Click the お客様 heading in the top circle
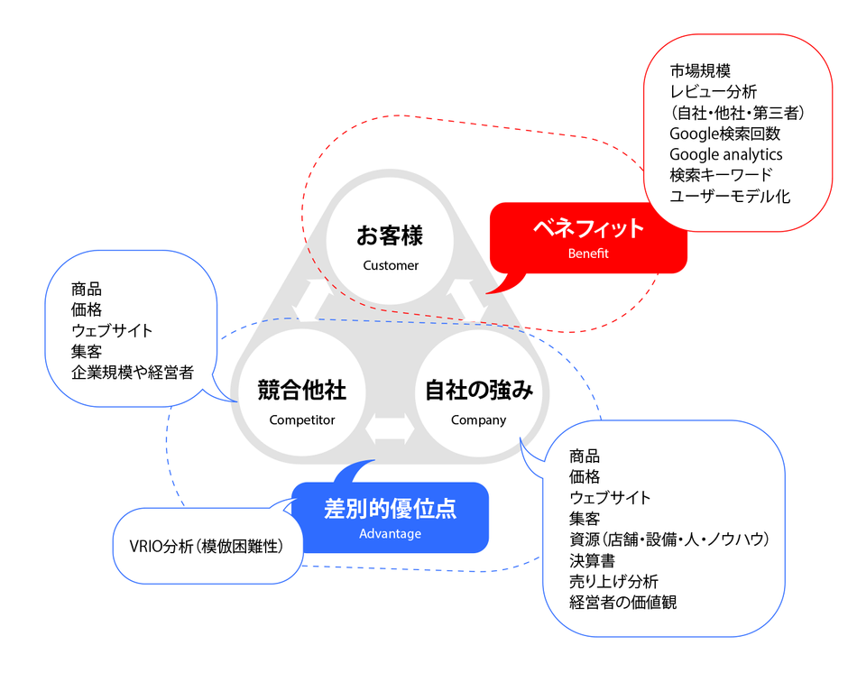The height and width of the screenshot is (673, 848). point(390,236)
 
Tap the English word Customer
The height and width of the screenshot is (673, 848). point(391,265)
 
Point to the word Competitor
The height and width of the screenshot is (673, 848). point(301,419)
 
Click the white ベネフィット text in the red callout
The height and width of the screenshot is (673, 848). point(588,228)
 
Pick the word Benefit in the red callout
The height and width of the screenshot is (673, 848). point(588,254)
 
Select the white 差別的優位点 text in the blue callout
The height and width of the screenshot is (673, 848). point(390,508)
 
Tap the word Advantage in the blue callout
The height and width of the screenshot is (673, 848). point(390,533)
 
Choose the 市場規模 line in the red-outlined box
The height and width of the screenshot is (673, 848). point(700,71)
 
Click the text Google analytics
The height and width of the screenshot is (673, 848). point(726,154)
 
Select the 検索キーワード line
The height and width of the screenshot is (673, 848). point(721,175)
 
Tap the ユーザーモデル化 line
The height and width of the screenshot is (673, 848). point(730,196)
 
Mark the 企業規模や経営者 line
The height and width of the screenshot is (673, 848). point(133,373)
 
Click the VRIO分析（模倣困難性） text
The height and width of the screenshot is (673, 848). point(207,546)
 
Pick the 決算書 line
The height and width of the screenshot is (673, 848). point(592,560)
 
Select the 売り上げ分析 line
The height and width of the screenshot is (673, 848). point(613,581)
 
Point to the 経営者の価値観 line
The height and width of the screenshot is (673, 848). point(622,602)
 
